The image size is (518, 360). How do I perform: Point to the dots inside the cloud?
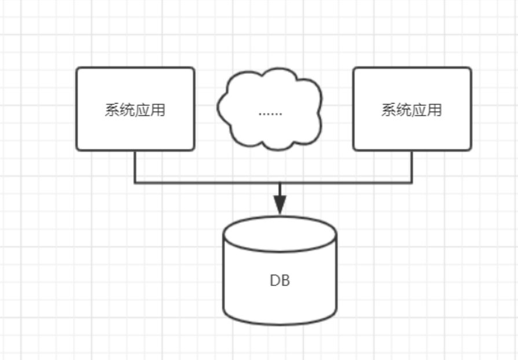coord(270,113)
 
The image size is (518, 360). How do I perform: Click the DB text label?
coord(280,281)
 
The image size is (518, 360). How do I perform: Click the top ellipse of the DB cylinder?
coord(280,234)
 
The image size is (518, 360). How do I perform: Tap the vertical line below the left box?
coord(135,167)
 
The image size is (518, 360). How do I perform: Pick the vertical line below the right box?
coord(412,167)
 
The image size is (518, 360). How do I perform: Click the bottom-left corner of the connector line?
coord(135,183)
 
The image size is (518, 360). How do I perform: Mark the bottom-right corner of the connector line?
coord(412,183)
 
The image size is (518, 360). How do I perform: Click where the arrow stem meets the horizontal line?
coord(280,183)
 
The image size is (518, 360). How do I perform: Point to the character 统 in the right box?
coord(404,110)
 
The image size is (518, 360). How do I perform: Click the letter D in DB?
coord(275,281)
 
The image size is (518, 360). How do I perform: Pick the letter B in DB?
coord(285,281)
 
